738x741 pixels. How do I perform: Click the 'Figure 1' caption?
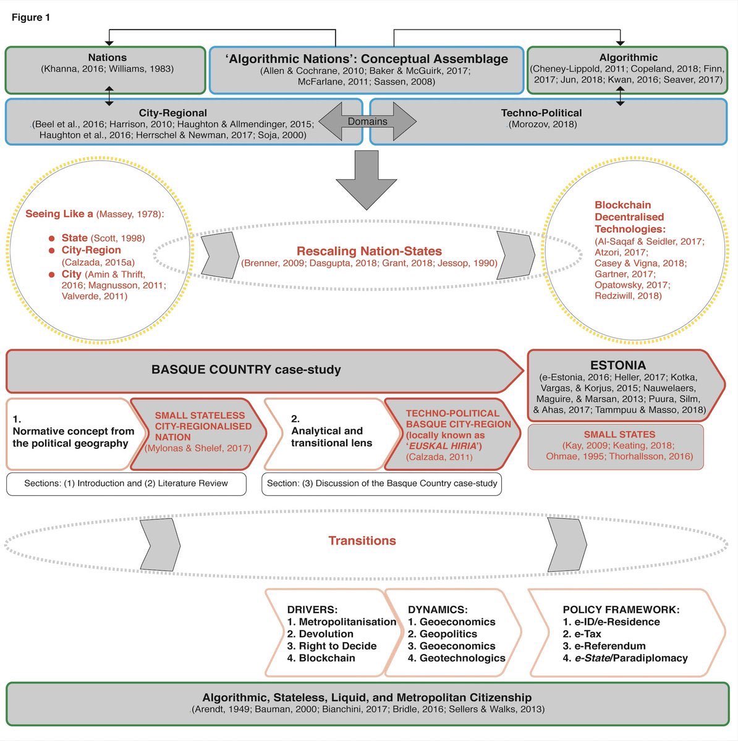pos(31,17)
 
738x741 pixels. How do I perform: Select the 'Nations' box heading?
pos(107,57)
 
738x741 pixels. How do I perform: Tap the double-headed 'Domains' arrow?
pos(368,122)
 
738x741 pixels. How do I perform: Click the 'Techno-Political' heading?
pos(541,113)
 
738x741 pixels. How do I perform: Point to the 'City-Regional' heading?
pos(173,113)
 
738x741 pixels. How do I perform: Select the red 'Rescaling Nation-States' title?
pos(369,251)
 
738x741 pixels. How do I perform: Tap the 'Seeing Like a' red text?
pos(59,214)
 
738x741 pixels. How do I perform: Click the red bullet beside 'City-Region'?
pos(53,251)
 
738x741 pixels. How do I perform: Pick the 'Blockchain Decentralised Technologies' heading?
pos(629,217)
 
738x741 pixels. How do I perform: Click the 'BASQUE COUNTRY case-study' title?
pos(246,370)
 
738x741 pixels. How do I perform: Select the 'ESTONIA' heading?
pos(618,365)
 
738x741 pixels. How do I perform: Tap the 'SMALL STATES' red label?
pos(619,435)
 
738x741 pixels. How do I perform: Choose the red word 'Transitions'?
pos(362,541)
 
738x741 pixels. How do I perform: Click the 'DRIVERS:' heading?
pos(312,609)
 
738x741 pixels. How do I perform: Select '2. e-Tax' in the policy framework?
pos(582,634)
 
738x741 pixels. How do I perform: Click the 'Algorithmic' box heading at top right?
pos(628,57)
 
